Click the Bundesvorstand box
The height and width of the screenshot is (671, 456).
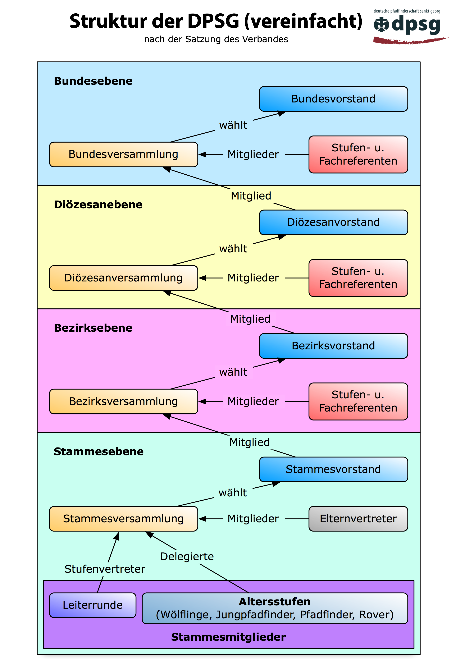pyautogui.click(x=333, y=99)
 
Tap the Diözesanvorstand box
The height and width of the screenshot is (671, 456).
pyautogui.click(x=333, y=222)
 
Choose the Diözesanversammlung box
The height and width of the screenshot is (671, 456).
pyautogui.click(x=123, y=278)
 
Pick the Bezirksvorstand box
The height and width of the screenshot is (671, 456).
pyautogui.click(x=333, y=346)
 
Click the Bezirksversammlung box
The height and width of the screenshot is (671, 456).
pyautogui.click(x=123, y=401)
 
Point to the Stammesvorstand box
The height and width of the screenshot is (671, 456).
pyautogui.click(x=333, y=469)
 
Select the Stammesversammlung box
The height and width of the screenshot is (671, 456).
pyautogui.click(x=123, y=519)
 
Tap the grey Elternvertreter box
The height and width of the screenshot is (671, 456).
pyautogui.click(x=358, y=519)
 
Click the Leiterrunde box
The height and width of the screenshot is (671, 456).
pyautogui.click(x=92, y=605)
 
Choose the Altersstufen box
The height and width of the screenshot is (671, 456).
pyautogui.click(x=275, y=608)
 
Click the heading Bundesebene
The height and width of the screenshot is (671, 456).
pyautogui.click(x=93, y=81)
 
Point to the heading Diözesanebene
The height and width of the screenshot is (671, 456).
pyautogui.click(x=98, y=204)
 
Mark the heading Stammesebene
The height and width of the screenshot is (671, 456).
pyautogui.click(x=99, y=451)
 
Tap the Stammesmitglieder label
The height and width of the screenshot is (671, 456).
pyautogui.click(x=228, y=637)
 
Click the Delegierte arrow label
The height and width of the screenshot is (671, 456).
pyautogui.click(x=187, y=556)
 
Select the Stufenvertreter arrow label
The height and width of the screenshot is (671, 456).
pyautogui.click(x=105, y=569)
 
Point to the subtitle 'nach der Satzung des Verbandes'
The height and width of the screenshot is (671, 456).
pyautogui.click(x=216, y=39)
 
